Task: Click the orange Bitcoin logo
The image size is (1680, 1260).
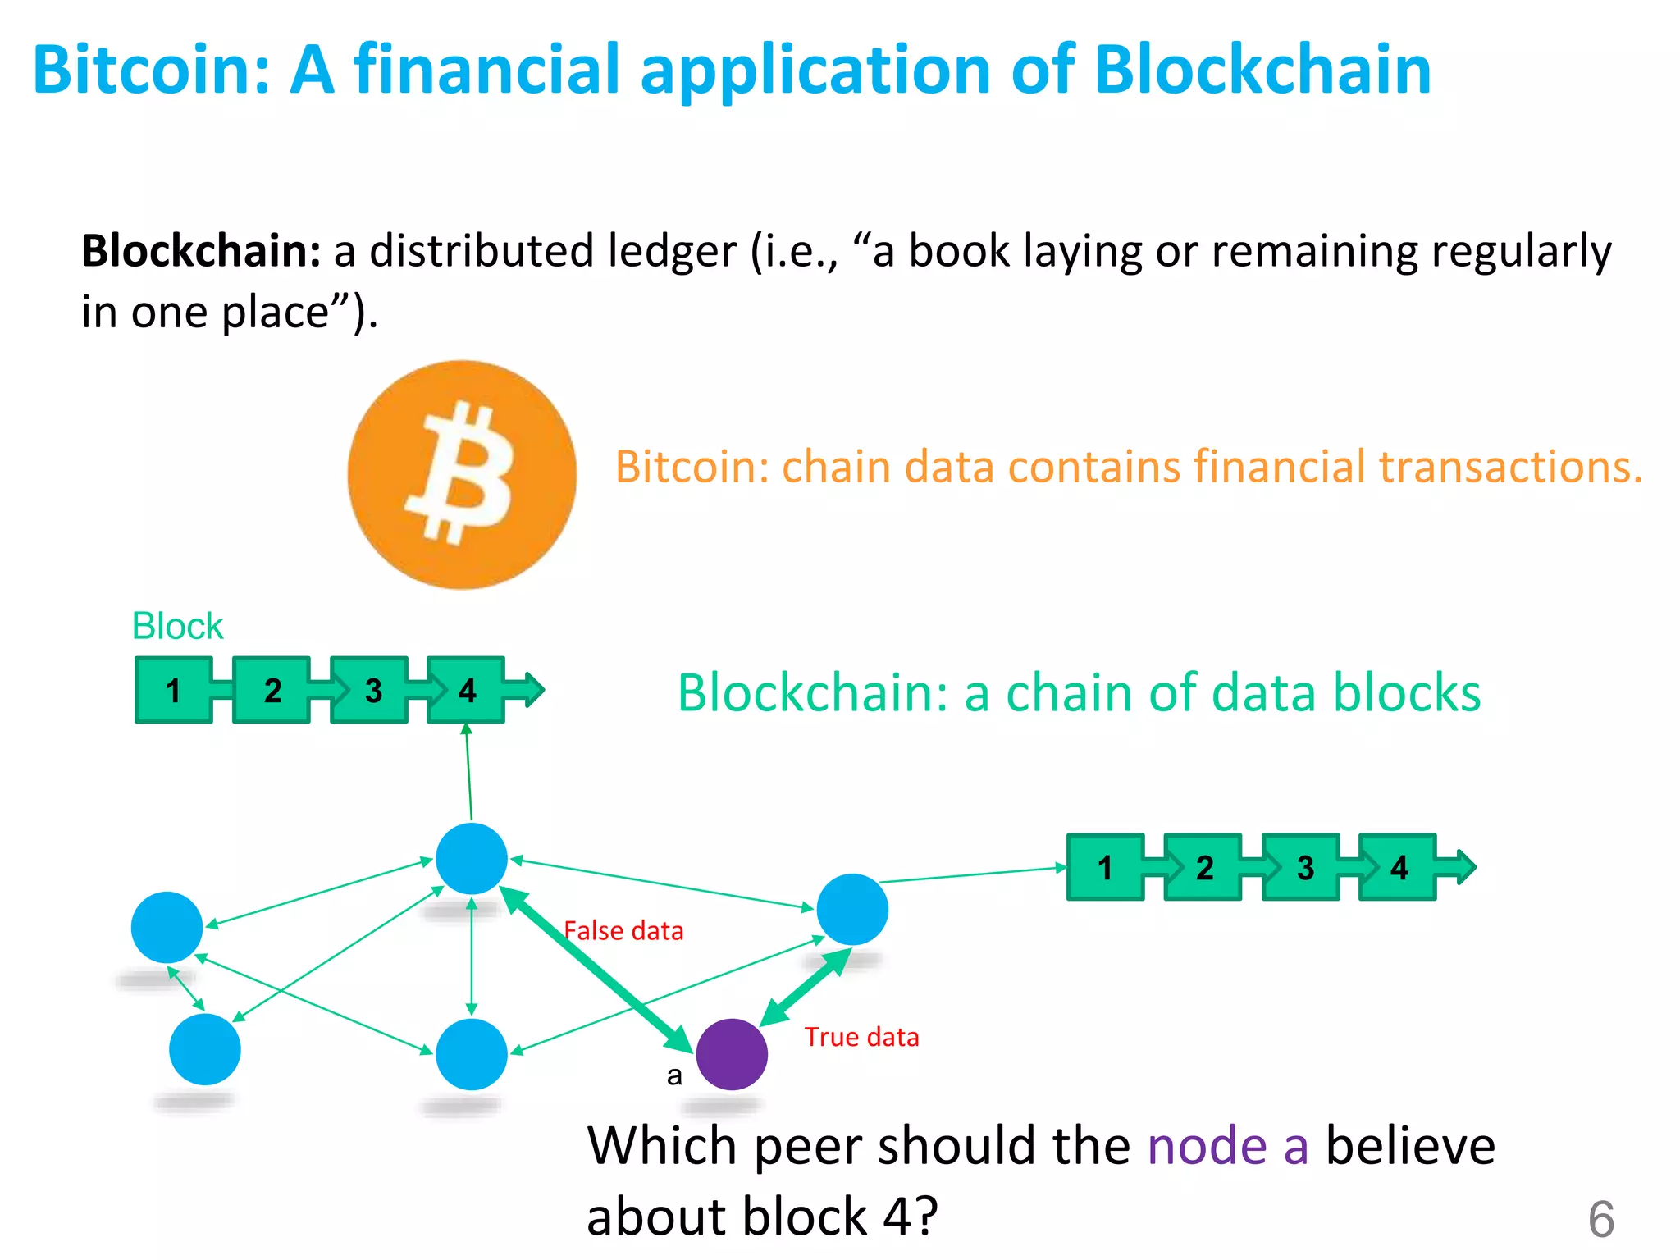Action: [x=462, y=474]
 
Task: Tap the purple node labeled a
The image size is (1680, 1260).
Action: [x=731, y=1054]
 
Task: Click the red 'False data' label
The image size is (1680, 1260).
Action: [x=623, y=931]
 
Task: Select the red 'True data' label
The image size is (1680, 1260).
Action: [x=861, y=1037]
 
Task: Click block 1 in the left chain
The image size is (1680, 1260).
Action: [x=173, y=690]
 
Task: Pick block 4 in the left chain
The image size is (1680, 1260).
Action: [x=466, y=690]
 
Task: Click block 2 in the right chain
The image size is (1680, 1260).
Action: [x=1203, y=867]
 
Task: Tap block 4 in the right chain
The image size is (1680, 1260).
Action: [x=1398, y=867]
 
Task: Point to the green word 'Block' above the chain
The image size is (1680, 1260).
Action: [x=177, y=626]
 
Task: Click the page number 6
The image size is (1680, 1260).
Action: [x=1600, y=1219]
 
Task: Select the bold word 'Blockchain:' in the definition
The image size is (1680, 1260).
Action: [x=201, y=251]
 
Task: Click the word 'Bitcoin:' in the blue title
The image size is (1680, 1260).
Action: [x=151, y=70]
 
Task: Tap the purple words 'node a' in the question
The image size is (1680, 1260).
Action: [x=1227, y=1145]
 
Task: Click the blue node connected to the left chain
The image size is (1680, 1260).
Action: [x=472, y=858]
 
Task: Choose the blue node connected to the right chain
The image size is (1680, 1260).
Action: [x=852, y=909]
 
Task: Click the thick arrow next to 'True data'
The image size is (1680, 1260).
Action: [x=806, y=988]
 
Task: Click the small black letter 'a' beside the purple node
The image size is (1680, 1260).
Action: [x=674, y=1075]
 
